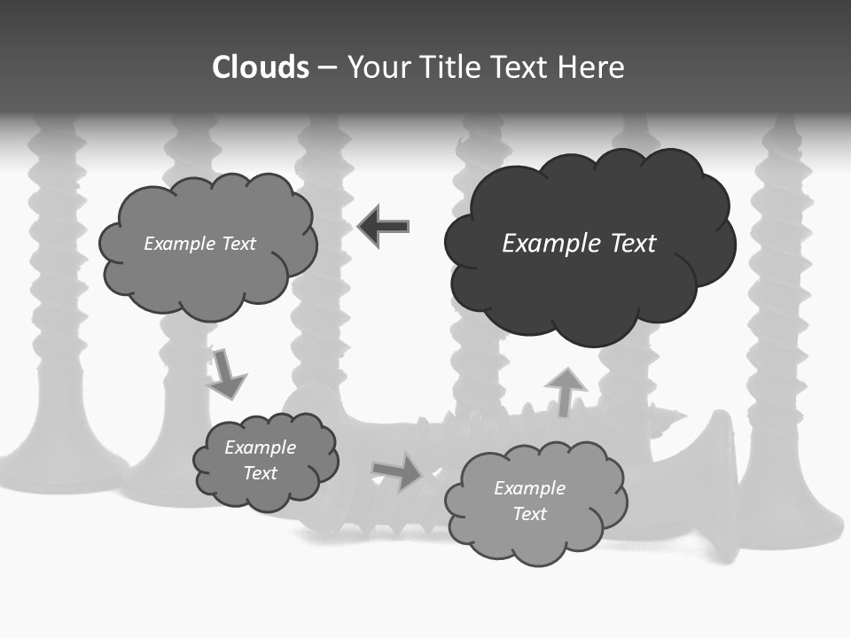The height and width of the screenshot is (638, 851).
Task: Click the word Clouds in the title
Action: coord(261,67)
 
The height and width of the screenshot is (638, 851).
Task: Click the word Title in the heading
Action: coord(450,67)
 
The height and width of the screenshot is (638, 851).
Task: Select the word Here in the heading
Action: coord(591,67)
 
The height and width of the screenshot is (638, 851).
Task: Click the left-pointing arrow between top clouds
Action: coord(384,226)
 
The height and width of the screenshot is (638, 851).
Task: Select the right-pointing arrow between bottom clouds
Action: coord(398,471)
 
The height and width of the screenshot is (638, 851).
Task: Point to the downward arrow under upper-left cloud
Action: coord(226,373)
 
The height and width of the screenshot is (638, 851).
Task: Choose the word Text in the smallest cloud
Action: coord(260,473)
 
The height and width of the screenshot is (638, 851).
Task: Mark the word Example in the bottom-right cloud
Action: coord(529,488)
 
